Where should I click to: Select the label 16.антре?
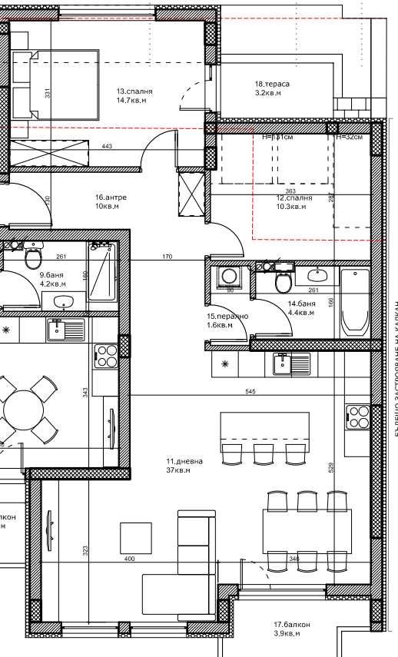pos(111,197)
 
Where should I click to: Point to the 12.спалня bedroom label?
pos(294,197)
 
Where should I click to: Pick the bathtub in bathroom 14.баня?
pos(355,301)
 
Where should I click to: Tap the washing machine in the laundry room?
pos(228,277)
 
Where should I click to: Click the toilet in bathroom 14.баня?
pos(282,284)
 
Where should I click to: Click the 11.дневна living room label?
pos(184,461)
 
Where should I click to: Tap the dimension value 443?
pos(107,146)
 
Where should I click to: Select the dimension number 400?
pos(129,559)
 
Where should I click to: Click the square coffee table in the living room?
pos(136,537)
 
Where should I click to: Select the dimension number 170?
pos(167,257)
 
